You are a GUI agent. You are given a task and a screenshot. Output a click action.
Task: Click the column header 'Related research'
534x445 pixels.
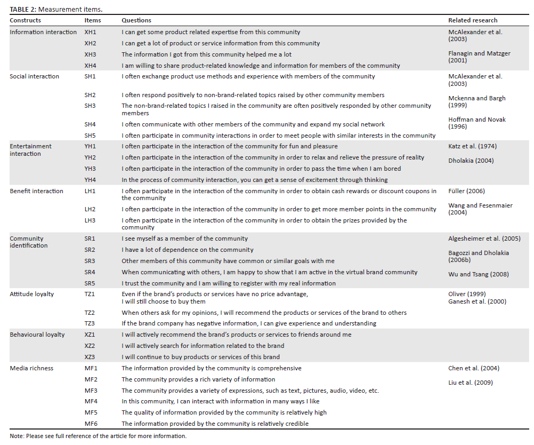(x=473, y=20)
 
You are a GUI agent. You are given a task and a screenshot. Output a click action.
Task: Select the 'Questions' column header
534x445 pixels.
(x=136, y=20)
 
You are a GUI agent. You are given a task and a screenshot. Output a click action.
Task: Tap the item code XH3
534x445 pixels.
(x=91, y=54)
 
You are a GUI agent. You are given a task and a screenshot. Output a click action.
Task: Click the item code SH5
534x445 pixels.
(x=91, y=136)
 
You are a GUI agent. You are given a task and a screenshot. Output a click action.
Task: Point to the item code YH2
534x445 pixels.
(x=91, y=157)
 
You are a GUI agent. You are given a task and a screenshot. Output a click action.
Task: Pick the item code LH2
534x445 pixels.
(x=91, y=209)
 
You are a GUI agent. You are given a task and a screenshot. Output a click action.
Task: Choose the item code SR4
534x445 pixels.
(x=91, y=272)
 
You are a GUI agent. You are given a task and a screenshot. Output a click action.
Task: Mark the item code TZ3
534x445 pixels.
(x=90, y=323)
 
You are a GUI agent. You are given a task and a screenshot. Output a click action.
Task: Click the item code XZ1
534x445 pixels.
(x=90, y=335)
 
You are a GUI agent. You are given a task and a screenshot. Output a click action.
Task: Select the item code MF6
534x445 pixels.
(x=91, y=424)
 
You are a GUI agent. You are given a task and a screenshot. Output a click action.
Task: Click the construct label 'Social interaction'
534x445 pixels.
(x=35, y=76)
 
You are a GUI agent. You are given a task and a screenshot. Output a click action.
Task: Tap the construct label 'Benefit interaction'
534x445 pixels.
(x=36, y=191)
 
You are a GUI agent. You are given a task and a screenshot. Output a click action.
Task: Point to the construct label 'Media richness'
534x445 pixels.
(x=31, y=368)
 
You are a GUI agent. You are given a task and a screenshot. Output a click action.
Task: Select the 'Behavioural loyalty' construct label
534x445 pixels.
(x=37, y=335)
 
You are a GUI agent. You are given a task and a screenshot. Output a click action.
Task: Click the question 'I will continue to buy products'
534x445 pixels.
(x=200, y=357)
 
